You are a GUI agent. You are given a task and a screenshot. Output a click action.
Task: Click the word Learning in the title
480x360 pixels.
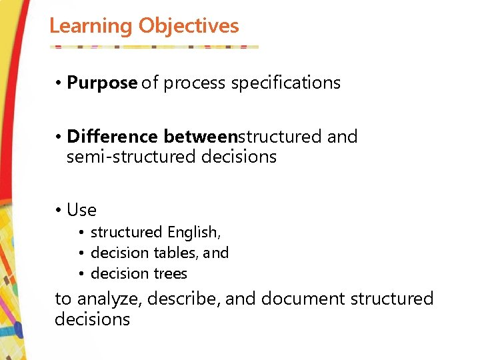pos(91,26)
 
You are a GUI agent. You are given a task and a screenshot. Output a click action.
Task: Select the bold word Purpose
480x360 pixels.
pos(102,83)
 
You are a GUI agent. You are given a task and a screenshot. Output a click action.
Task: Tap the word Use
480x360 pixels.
pos(81,211)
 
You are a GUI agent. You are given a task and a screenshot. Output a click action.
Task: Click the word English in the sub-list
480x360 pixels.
pos(194,233)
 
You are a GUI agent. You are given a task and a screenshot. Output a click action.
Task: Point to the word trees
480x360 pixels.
pos(170,274)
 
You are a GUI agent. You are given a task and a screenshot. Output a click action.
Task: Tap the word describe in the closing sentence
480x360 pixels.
pos(182,299)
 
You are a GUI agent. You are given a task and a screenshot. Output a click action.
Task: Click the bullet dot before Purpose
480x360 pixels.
pos(59,84)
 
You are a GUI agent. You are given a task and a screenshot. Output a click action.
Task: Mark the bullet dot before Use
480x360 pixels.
pos(59,211)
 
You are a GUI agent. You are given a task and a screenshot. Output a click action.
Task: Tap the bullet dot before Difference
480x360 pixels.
pos(59,137)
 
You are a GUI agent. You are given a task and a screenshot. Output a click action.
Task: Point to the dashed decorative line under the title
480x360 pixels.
pos(154,47)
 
